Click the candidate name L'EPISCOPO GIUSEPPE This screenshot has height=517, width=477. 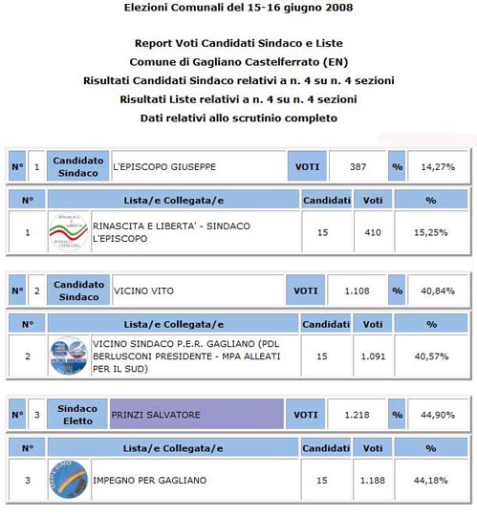click(164, 166)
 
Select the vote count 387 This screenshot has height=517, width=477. click(358, 166)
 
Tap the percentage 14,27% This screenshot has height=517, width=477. click(437, 166)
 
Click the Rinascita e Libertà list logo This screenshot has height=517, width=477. click(68, 231)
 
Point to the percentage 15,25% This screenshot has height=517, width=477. click(430, 231)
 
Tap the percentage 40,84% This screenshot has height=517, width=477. click(437, 291)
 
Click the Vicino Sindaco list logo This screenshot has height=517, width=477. click(68, 355)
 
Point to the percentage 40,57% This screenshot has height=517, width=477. click(430, 355)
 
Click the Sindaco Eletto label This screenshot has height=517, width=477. click(77, 414)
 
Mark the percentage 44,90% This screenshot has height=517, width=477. click(437, 415)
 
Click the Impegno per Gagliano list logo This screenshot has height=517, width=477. click(68, 480)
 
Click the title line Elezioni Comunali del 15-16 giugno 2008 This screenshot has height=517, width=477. click(238, 9)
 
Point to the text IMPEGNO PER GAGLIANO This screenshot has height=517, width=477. click(150, 480)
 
